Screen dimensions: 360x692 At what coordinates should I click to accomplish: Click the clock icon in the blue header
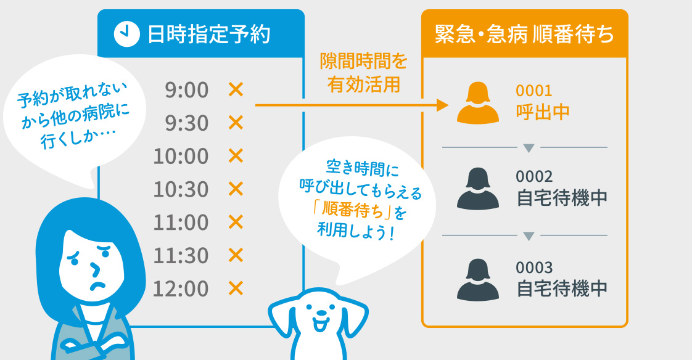(126, 34)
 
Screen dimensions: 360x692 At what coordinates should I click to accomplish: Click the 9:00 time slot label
(186, 91)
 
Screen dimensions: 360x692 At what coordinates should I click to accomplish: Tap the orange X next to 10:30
(236, 189)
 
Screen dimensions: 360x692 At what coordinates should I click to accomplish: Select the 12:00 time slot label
(181, 288)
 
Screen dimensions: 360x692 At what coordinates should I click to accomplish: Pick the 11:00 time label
(181, 222)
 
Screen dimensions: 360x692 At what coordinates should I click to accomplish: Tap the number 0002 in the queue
(534, 177)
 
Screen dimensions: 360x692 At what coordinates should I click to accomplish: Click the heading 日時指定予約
(209, 34)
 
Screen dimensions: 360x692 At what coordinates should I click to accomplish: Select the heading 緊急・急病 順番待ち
(524, 34)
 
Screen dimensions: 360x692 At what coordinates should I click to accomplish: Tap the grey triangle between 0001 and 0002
(528, 148)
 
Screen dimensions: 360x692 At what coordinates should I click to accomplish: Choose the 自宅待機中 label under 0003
(562, 288)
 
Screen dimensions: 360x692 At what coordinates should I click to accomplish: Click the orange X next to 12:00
(236, 287)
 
